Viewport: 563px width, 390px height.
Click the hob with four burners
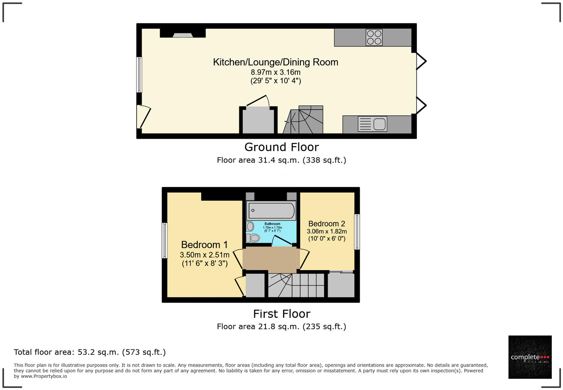point(374,37)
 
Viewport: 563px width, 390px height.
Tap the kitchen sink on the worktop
point(372,124)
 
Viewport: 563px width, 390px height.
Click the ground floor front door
point(143,116)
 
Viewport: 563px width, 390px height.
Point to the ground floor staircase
point(303,120)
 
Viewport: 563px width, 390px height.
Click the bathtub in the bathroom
point(271,211)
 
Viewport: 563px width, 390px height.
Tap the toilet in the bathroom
point(253,237)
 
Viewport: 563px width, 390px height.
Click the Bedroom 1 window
point(164,240)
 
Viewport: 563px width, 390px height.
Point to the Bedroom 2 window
point(357,231)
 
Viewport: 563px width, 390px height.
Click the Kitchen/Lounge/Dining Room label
point(276,62)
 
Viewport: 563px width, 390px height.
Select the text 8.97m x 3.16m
point(276,72)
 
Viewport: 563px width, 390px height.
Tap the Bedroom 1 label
point(204,245)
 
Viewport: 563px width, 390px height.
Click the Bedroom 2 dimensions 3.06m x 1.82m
point(327,231)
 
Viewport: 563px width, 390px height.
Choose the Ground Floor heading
point(281,147)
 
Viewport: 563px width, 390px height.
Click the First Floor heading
point(281,314)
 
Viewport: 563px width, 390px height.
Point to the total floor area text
point(90,352)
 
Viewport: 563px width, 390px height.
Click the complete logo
point(530,357)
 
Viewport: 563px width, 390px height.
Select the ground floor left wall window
point(139,74)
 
